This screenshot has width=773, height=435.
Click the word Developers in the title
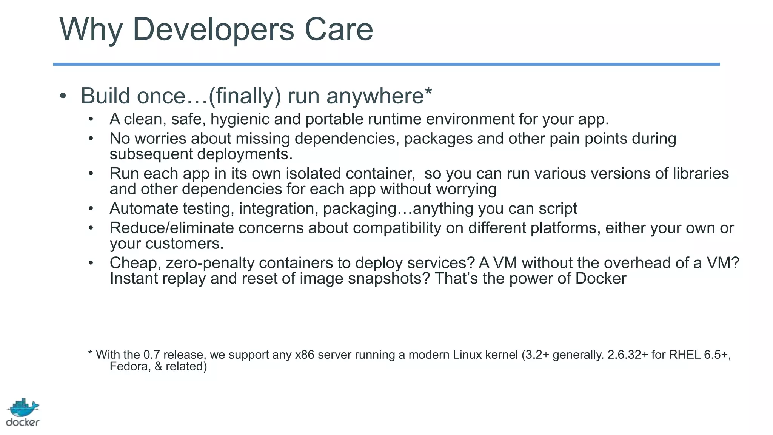pos(213,30)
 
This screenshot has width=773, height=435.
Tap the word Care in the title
pos(339,29)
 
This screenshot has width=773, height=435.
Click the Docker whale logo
pos(23,408)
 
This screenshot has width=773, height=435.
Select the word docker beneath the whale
pos(23,423)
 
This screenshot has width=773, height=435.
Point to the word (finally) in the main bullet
pos(245,96)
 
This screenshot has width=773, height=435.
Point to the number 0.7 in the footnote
pos(151,355)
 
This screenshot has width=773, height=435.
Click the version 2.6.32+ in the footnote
pos(627,355)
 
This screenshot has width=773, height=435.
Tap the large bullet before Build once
pos(63,96)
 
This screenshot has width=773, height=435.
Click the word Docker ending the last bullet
pos(601,279)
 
